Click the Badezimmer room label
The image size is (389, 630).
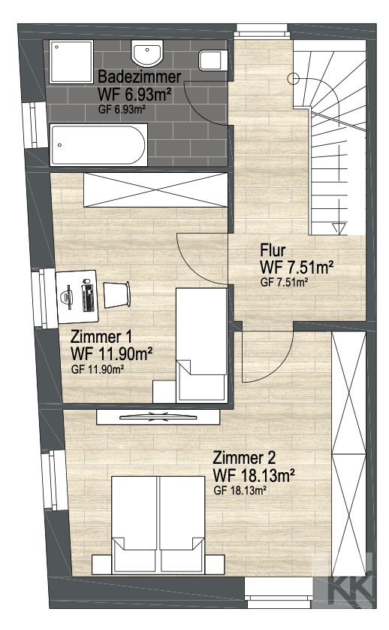[139, 76]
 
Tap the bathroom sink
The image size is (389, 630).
[147, 54]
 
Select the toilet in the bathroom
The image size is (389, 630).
[213, 60]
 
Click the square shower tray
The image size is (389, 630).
[71, 62]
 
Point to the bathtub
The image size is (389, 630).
[98, 144]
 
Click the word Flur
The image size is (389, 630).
[273, 250]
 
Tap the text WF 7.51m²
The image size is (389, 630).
[297, 267]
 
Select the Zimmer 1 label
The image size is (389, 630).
[101, 337]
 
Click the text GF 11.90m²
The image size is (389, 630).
[98, 369]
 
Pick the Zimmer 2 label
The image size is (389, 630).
[244, 458]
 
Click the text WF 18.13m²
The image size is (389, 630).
[254, 475]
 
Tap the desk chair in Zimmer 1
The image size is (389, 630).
[117, 295]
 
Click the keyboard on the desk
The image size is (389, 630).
[88, 295]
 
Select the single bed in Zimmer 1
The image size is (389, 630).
[201, 345]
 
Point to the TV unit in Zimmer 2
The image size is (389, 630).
[158, 416]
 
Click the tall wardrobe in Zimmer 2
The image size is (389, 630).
[349, 453]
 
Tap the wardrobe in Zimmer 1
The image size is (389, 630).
[155, 189]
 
